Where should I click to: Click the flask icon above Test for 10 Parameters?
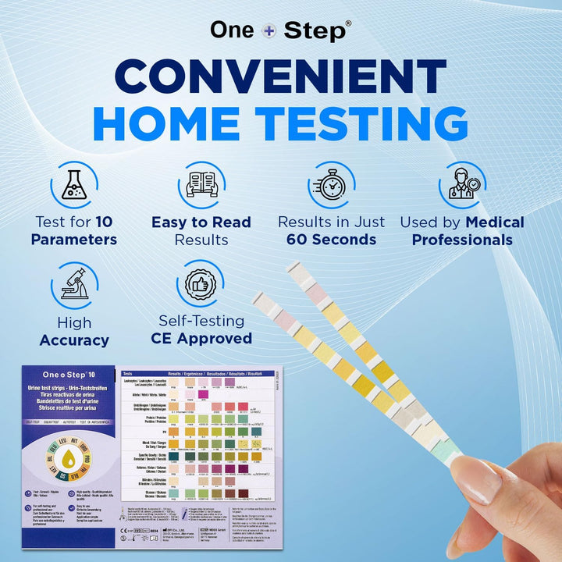[x=74, y=185]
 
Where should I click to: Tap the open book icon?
[x=201, y=186]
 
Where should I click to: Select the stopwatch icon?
[x=332, y=185]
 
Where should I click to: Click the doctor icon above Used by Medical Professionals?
[x=461, y=185]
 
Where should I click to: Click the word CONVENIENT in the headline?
[x=281, y=76]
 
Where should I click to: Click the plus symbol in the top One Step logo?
[x=269, y=30]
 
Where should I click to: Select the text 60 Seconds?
[x=332, y=240]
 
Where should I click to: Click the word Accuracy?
[x=74, y=340]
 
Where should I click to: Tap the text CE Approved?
[x=201, y=339]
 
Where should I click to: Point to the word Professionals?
[x=462, y=240]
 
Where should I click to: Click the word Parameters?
[x=74, y=240]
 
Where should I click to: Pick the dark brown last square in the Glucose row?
[x=243, y=493]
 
